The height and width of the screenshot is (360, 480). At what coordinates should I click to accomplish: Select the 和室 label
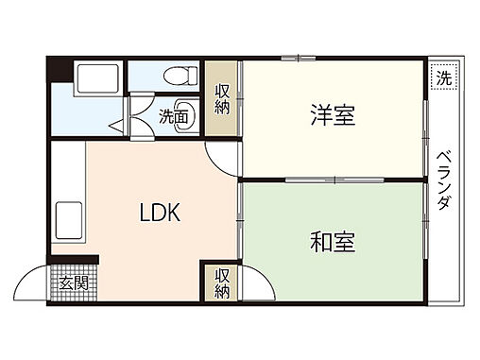tap(332, 241)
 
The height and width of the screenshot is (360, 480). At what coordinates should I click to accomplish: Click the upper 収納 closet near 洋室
tap(222, 99)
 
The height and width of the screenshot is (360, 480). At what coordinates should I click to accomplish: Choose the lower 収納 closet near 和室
tap(221, 283)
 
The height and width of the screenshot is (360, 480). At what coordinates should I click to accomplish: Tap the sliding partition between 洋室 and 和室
tap(331, 178)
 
